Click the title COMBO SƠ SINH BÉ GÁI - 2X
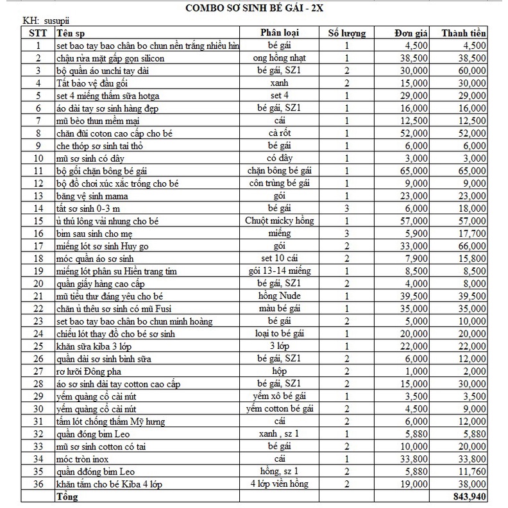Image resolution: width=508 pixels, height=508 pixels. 253,9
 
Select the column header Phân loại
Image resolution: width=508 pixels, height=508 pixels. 280,33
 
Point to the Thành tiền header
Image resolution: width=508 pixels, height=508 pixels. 463,33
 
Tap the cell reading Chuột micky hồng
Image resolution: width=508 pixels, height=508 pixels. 280,221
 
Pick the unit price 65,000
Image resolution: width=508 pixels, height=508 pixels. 413,171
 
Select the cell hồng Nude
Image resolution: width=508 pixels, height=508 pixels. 280,296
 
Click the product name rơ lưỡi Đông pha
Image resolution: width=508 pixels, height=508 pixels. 94,371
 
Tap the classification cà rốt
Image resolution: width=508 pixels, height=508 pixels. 280,133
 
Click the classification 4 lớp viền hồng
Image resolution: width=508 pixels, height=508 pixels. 280,484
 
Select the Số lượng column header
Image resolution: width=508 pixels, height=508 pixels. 347,33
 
